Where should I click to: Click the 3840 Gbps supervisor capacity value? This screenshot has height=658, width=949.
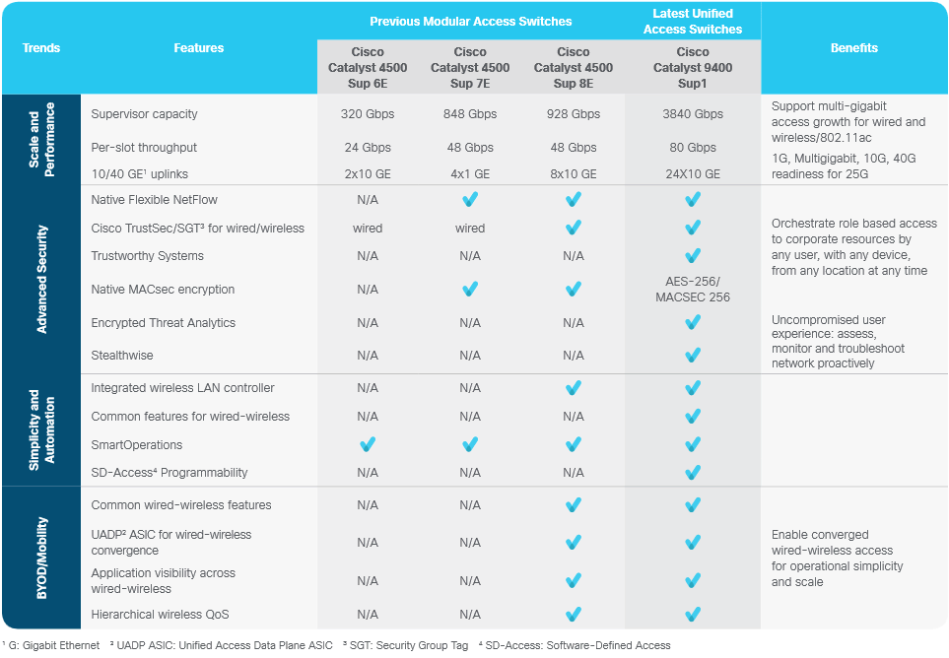693,114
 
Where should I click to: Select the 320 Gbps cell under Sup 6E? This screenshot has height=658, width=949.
368,114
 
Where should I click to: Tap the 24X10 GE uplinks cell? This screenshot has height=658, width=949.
693,174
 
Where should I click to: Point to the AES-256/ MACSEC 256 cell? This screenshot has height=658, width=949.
693,289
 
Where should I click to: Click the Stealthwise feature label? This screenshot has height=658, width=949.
121,356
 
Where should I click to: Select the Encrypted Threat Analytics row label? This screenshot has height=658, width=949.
163,323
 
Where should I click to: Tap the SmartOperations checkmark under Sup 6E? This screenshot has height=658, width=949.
368,444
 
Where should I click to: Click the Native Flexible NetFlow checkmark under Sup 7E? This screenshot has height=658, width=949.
470,200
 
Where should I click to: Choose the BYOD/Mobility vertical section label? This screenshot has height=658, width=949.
42,558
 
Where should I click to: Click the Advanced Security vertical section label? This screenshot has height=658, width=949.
42,279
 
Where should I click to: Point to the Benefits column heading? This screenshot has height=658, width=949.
853,48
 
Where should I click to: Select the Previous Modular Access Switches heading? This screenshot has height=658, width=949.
470,21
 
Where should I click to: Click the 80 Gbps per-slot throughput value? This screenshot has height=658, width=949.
693,148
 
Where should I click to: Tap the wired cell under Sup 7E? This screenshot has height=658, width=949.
470,229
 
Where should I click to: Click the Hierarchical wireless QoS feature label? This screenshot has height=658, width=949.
160,615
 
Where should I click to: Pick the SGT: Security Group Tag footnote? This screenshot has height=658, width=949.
405,646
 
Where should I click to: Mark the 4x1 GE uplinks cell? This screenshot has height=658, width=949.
470,174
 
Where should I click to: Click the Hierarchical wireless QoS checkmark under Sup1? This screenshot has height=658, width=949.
693,615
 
